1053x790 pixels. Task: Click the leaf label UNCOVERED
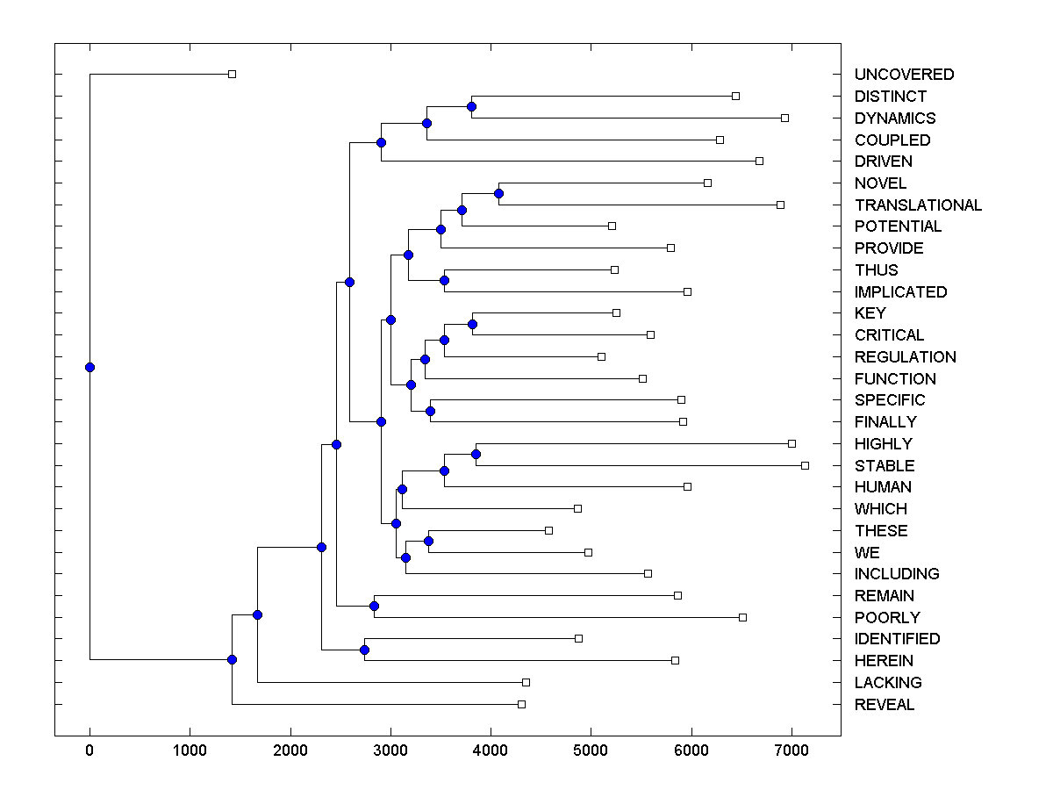904,75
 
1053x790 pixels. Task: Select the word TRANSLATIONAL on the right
918,205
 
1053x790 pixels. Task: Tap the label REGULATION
905,356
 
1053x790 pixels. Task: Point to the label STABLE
884,465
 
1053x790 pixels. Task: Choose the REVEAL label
884,704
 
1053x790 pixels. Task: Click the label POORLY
887,617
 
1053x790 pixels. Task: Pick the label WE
867,552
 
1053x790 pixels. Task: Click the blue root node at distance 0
90,367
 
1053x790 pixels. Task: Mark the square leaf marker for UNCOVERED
232,74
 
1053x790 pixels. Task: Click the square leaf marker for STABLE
805,465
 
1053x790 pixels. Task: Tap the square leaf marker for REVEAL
521,704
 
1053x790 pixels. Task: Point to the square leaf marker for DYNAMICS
784,118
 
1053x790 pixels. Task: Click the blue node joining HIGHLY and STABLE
476,454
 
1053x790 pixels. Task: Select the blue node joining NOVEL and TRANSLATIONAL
498,193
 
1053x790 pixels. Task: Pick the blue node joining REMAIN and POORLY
374,606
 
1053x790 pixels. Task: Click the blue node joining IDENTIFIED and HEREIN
364,650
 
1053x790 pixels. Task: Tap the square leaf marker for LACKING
526,682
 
